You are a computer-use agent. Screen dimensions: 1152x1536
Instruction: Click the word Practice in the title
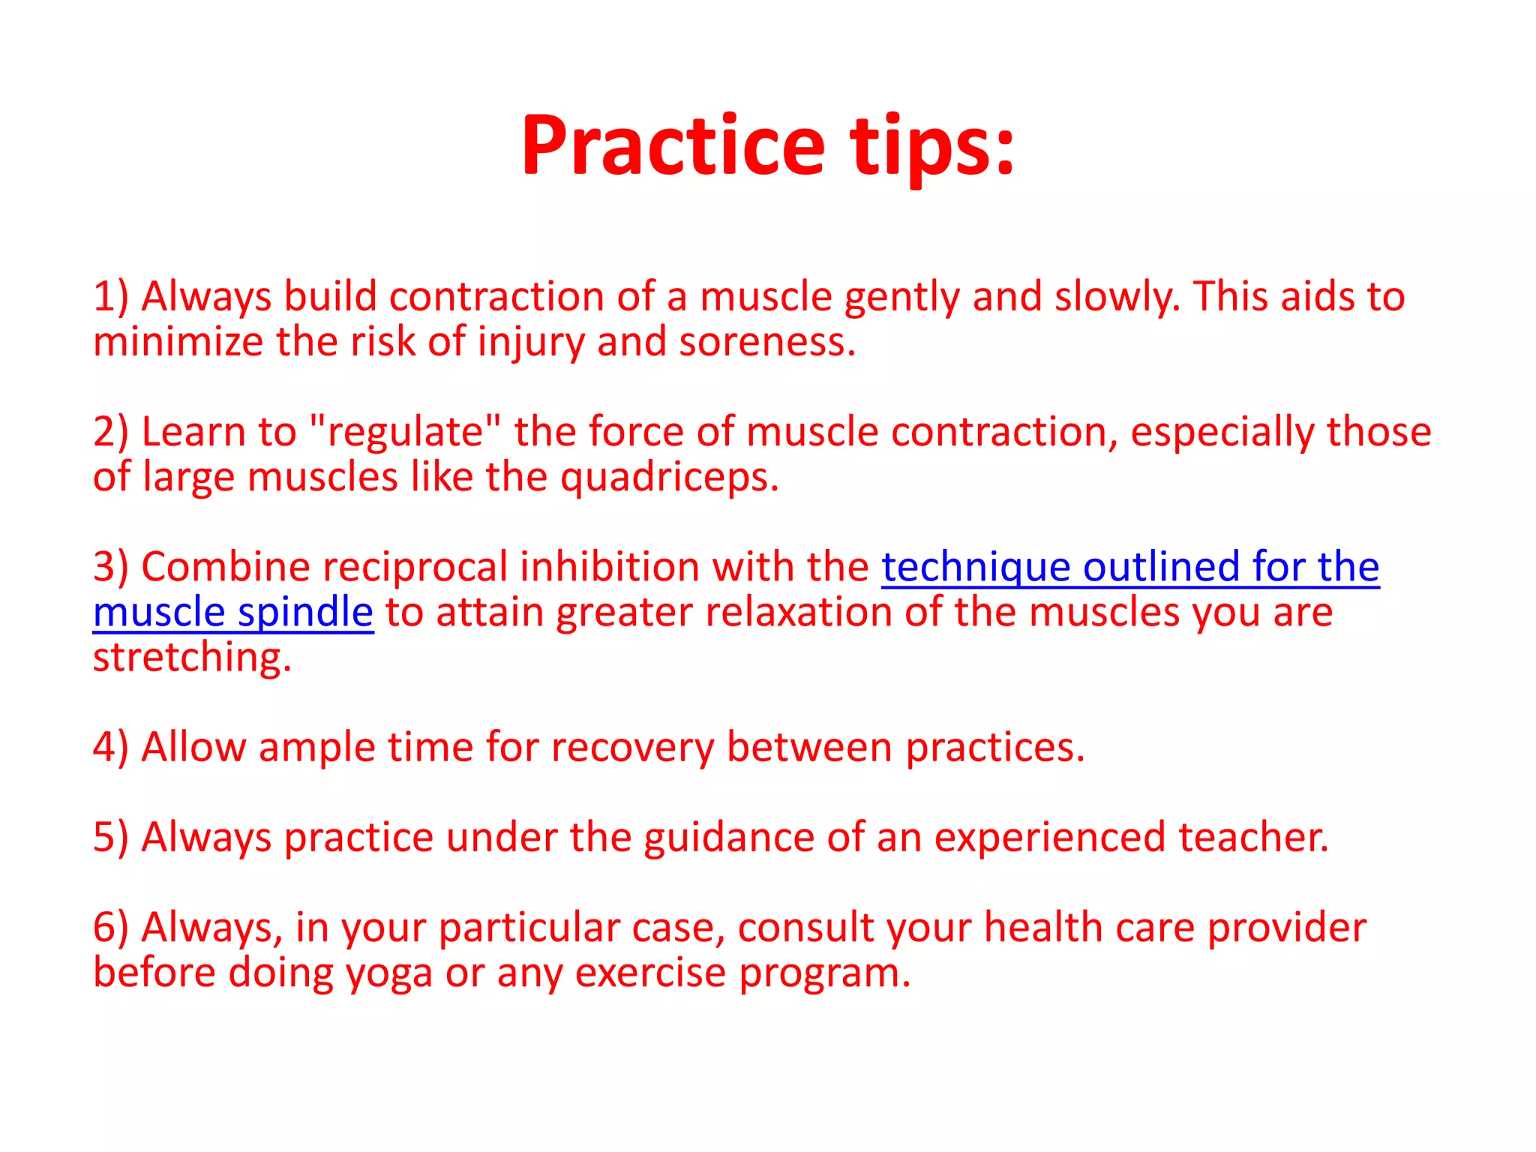(x=673, y=146)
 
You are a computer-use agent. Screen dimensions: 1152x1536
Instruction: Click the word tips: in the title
(x=932, y=146)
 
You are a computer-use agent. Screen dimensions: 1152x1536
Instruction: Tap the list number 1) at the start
(x=110, y=297)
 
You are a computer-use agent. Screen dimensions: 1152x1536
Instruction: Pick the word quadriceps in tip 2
(x=669, y=478)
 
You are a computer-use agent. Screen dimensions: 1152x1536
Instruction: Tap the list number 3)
(x=110, y=567)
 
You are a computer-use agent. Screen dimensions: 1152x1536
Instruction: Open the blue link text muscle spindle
(x=232, y=613)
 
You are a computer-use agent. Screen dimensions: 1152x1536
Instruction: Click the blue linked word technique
(x=975, y=568)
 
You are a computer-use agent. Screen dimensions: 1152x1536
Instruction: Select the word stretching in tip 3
(x=191, y=658)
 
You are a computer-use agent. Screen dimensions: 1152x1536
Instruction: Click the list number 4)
(x=110, y=748)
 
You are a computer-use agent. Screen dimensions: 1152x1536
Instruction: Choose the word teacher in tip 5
(x=1253, y=838)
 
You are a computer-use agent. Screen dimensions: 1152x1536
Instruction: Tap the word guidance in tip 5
(x=728, y=838)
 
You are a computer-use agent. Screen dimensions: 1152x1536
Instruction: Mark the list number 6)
(x=110, y=928)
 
